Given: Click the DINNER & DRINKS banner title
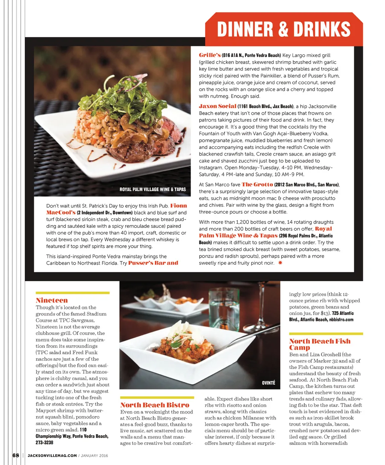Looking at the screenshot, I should (284, 29).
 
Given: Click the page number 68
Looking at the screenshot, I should (16, 455).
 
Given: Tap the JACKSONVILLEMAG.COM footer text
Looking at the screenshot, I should (52, 456).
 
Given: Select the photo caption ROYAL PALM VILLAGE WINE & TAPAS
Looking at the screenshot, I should (153, 189).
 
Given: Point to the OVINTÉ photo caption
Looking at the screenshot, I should (268, 383).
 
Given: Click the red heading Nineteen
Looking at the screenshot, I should (52, 300).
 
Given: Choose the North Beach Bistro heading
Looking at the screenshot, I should (155, 405).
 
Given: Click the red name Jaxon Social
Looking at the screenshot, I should (218, 106).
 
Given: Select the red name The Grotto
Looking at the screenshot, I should (257, 185).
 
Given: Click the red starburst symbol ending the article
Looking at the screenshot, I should (280, 263).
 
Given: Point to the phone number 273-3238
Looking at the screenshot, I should (44, 442).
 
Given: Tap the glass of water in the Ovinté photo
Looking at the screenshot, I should (224, 308).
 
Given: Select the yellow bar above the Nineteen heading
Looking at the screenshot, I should (73, 292).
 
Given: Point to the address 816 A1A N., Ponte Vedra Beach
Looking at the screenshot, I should (252, 55).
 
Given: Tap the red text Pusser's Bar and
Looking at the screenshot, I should (153, 263).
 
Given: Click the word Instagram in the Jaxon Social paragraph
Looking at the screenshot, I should (211, 168).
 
